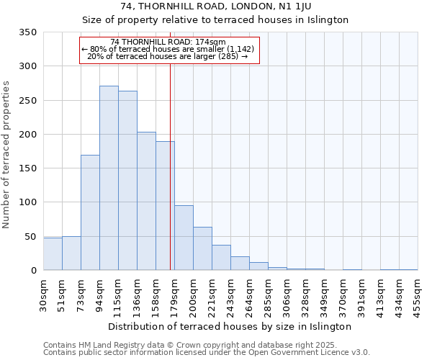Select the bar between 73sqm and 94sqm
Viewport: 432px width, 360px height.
(x=90, y=212)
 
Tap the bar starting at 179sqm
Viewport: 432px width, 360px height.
(x=184, y=238)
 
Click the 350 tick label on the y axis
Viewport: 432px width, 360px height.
(x=28, y=32)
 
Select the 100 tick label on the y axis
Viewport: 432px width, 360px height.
(x=28, y=202)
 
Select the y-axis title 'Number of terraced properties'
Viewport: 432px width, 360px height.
(x=7, y=154)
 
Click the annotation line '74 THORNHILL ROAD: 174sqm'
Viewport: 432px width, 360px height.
(x=168, y=42)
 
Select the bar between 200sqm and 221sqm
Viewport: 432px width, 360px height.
(x=202, y=248)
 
